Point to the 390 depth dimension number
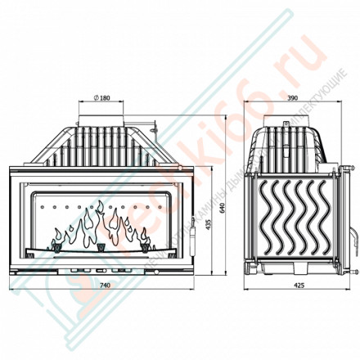(x=292, y=97)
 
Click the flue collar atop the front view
(x=103, y=113)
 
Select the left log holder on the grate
(x=58, y=243)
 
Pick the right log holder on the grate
(x=149, y=243)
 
